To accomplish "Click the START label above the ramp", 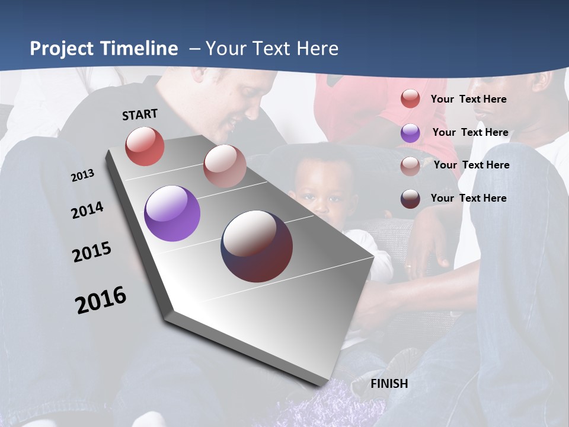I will (x=140, y=114).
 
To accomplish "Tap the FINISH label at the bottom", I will (x=389, y=384).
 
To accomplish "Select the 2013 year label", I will (x=83, y=175).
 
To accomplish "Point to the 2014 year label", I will (x=88, y=210).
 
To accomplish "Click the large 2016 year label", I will (x=101, y=300).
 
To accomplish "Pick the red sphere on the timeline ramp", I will (x=145, y=146).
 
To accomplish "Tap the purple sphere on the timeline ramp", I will (x=172, y=213).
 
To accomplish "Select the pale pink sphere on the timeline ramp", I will (x=224, y=166).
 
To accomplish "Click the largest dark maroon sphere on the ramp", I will (x=257, y=246).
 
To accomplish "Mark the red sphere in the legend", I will (x=410, y=99).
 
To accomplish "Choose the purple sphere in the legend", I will (x=410, y=133).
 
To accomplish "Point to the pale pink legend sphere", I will (x=410, y=166).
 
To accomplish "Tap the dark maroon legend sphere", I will (x=410, y=199).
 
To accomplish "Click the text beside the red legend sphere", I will (x=468, y=99).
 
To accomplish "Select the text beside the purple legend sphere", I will (x=470, y=132).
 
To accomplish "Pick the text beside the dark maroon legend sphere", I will (x=468, y=198).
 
